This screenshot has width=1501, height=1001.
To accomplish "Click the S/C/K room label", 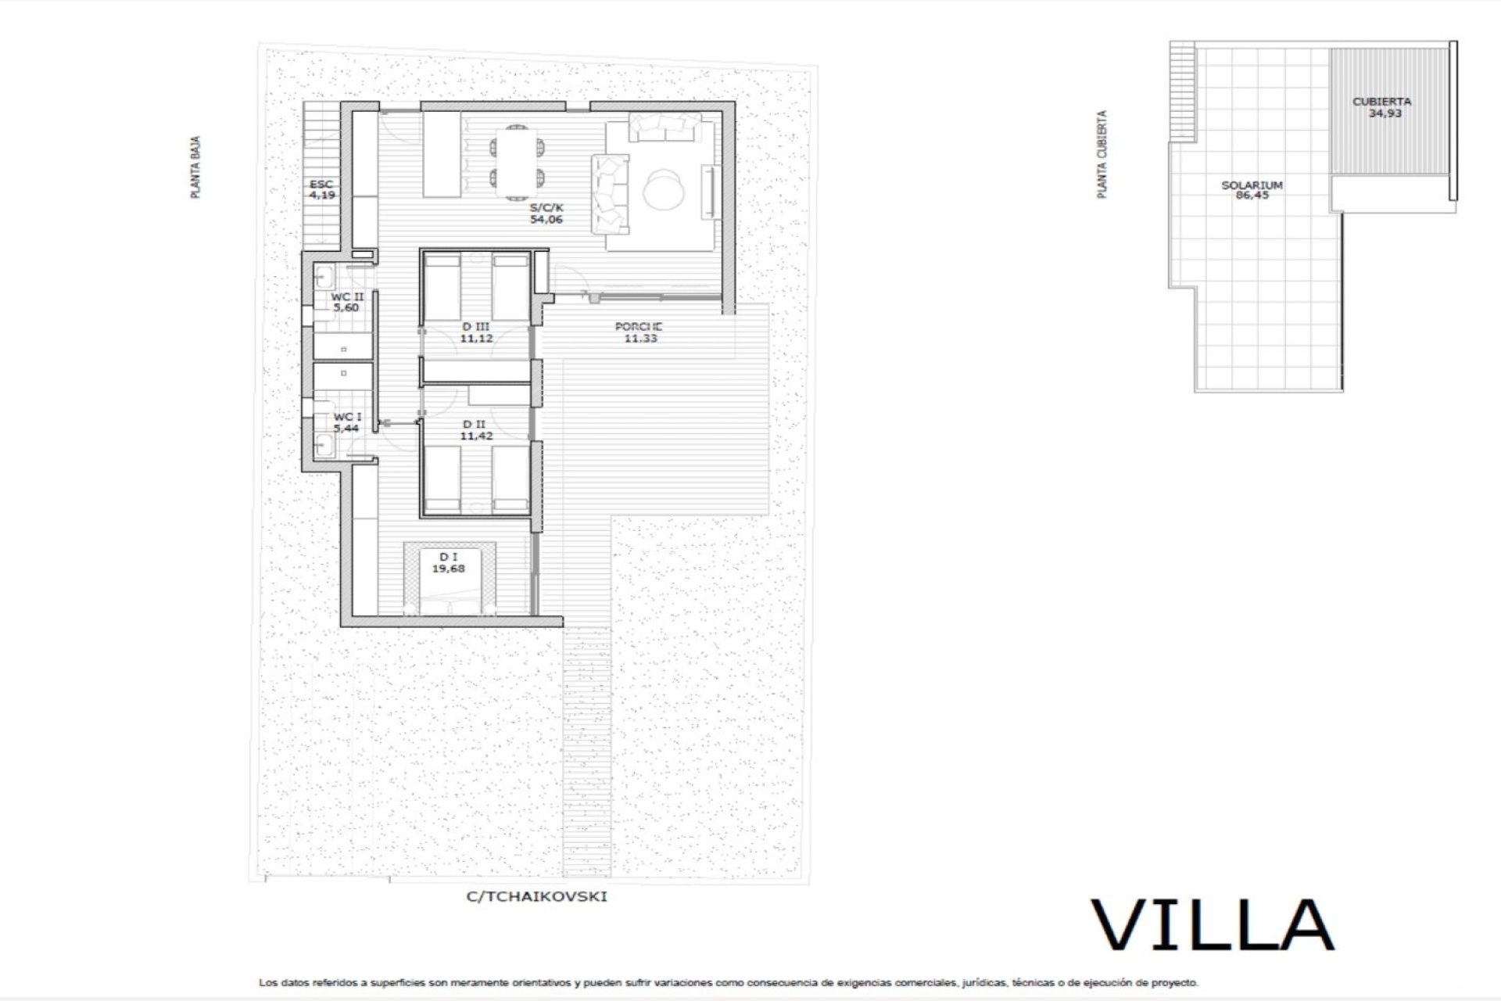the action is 546,208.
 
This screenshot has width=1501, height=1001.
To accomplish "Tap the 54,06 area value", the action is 546,220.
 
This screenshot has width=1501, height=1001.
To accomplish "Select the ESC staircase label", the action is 321,185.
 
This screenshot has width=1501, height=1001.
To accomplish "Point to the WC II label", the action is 347,297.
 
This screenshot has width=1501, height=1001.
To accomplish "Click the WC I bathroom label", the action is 347,418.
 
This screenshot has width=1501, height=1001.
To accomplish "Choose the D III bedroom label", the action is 476,327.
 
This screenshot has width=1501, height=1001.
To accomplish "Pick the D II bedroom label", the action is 475,425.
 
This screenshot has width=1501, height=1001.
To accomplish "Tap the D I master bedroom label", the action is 449,557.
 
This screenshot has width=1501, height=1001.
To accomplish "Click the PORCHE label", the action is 639,327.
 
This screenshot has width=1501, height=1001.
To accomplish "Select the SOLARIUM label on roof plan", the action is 1252,185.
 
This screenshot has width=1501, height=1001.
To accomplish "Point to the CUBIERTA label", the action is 1382,102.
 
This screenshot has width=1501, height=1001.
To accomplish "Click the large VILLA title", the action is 1213,925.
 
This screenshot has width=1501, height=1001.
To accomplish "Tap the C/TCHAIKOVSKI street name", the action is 536,896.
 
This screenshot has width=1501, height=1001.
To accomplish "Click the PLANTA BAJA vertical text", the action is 195,167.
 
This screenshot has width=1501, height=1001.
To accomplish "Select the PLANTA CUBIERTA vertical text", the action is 1102,154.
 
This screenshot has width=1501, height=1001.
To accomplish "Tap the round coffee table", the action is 665,189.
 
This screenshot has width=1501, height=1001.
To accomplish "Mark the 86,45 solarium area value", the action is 1252,196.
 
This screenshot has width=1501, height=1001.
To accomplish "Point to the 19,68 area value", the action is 449,569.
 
